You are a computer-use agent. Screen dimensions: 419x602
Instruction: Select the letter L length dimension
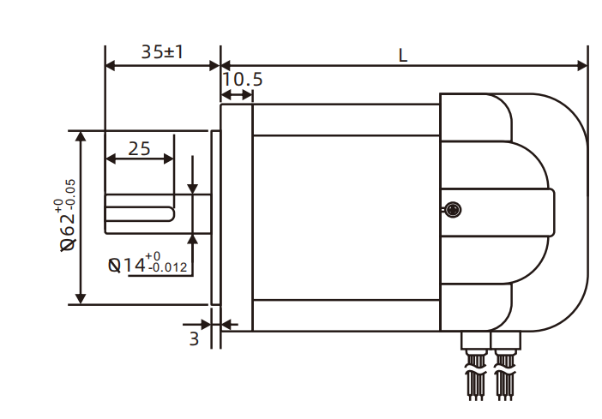403,54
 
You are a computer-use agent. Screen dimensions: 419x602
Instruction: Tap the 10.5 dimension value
242,80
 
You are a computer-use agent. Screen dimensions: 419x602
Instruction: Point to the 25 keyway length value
139,148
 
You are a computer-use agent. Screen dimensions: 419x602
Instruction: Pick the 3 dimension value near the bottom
194,338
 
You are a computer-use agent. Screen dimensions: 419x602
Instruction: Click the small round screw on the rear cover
453,208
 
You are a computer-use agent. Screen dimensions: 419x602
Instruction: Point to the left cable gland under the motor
473,342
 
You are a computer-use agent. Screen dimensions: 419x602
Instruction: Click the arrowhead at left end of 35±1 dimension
110,65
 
